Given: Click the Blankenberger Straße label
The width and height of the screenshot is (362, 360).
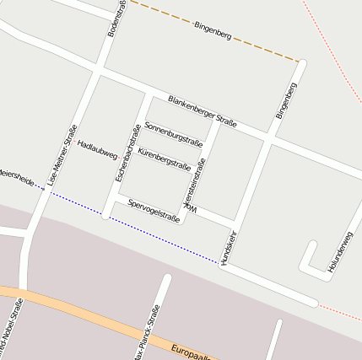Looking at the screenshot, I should (202, 111).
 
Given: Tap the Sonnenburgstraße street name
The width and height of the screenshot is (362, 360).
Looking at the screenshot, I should (174, 135).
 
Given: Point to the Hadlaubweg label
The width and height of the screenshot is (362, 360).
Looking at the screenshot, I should (97, 148).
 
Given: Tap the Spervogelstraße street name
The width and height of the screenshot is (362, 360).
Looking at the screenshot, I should (154, 211).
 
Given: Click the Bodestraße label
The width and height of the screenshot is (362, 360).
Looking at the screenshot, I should (117, 19).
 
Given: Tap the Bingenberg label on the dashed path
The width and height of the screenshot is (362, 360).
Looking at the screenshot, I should (213, 31).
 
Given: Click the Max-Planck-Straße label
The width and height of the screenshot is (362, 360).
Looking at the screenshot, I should (145, 334).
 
